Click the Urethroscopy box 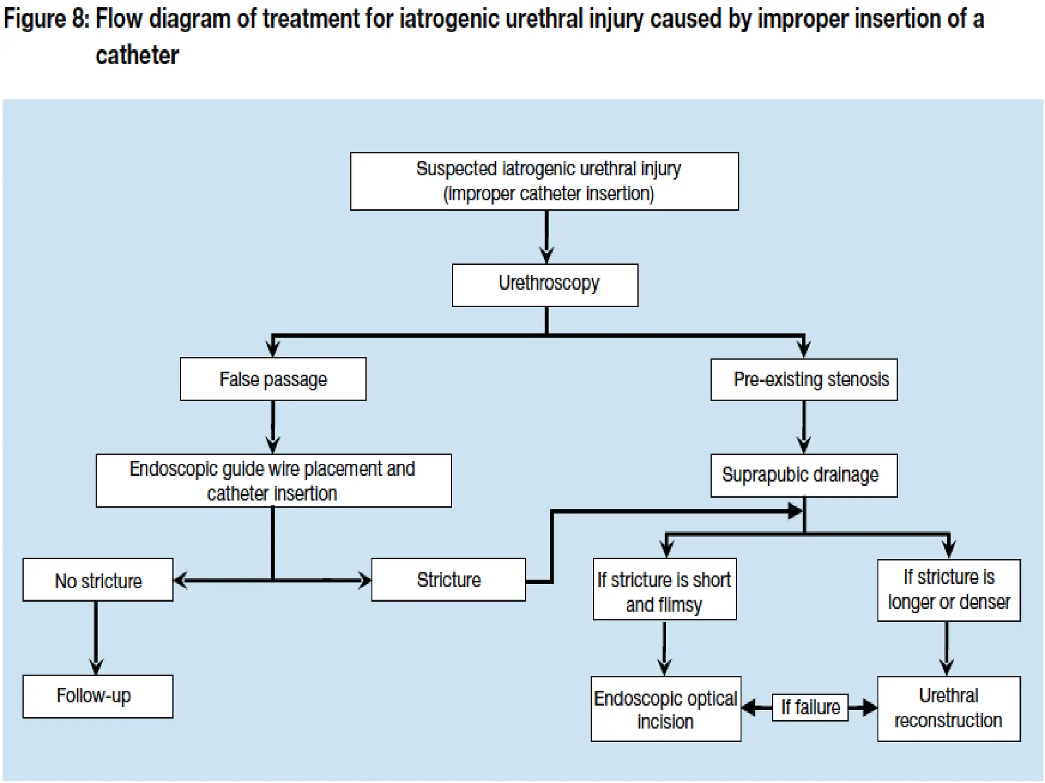pos(544,284)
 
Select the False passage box pos(273,379)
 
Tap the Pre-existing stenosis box pos(804,379)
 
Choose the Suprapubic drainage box pos(804,475)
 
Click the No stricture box pos(98,580)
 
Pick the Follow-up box pos(98,696)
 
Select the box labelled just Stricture pos(448,580)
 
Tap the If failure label pos(810,707)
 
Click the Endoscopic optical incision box pos(665,709)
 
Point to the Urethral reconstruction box pos(949,709)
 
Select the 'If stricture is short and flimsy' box pos(664,589)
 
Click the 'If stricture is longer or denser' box pos(949,590)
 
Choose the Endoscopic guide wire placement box pos(273,480)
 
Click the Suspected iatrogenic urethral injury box pos(544,181)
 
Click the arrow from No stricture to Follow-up pos(96,637)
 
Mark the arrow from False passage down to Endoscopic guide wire pos(273,426)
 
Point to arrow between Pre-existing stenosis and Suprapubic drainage pos(804,426)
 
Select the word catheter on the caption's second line pos(137,55)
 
